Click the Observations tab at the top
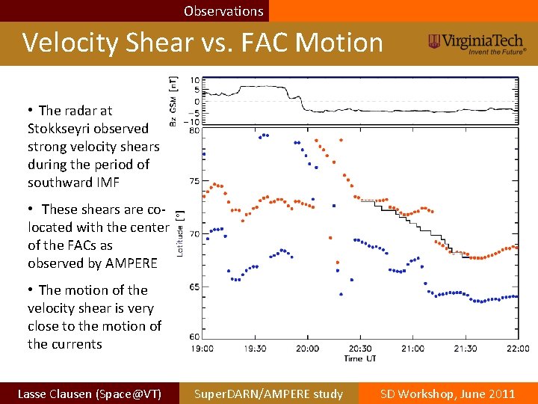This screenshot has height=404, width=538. [x=223, y=11]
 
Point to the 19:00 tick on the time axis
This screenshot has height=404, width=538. [x=202, y=348]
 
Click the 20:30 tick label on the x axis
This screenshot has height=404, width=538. [x=360, y=348]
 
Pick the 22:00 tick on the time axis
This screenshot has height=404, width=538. [x=518, y=348]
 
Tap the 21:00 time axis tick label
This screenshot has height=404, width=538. [x=413, y=348]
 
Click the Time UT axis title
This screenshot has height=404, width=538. [x=359, y=358]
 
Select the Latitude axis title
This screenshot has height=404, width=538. [x=179, y=233]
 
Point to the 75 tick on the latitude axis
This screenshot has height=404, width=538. [x=194, y=181]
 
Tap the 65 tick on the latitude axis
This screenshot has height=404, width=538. [x=194, y=286]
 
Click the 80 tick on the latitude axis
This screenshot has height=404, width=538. [x=194, y=130]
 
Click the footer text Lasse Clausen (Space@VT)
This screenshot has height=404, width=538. [x=89, y=394]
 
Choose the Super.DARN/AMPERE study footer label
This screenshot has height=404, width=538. [x=268, y=394]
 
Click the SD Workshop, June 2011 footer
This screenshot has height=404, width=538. [x=448, y=394]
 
